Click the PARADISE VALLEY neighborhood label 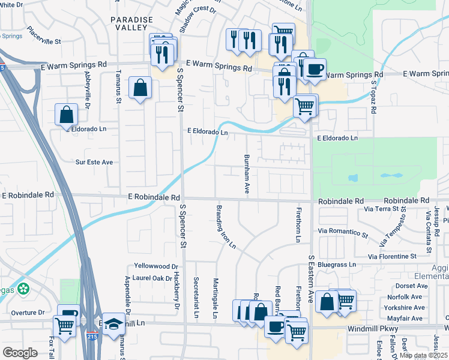[128, 23]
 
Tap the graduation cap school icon [113, 324]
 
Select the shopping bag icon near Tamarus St [140, 88]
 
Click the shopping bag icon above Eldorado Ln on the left [66, 115]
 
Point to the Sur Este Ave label [94, 162]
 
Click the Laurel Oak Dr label [152, 278]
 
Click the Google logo [20, 353]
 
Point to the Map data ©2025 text [423, 355]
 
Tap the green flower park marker [23, 289]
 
